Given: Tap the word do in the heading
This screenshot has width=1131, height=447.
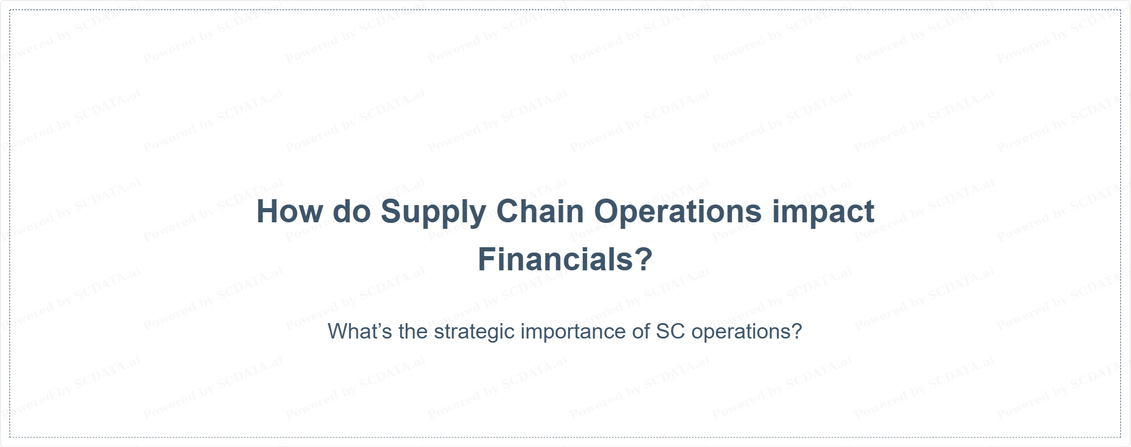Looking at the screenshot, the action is pyautogui.click(x=352, y=211).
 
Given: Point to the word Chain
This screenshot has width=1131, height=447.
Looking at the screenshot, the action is pyautogui.click(x=540, y=211).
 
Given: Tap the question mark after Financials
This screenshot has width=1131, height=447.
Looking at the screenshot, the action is pyautogui.click(x=645, y=259).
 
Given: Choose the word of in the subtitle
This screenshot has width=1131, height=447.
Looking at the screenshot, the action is pyautogui.click(x=641, y=331).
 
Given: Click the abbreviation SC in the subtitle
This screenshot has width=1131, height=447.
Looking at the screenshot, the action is pyautogui.click(x=670, y=331).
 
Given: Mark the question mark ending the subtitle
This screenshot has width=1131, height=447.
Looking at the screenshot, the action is pyautogui.click(x=796, y=331).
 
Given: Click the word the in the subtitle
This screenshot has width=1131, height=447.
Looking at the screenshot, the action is pyautogui.click(x=413, y=331).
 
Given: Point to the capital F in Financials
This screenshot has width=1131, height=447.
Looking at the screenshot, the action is pyautogui.click(x=487, y=259).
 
